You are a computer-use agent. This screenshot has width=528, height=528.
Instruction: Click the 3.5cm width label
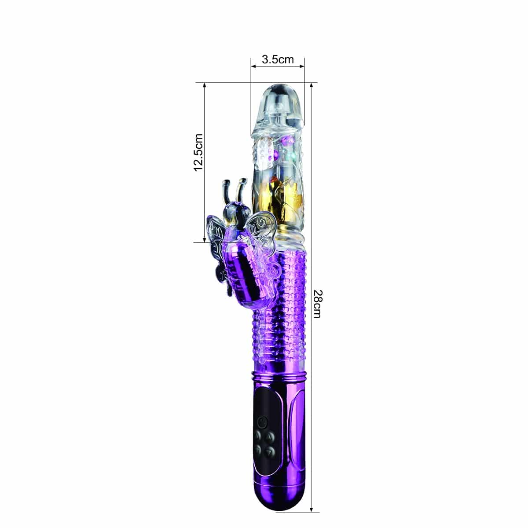[x=278, y=59]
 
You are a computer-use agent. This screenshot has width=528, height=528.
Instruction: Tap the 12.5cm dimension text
[x=198, y=153]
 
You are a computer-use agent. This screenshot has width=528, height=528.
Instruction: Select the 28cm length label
[x=316, y=304]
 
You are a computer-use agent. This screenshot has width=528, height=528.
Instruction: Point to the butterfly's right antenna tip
[x=242, y=181]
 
